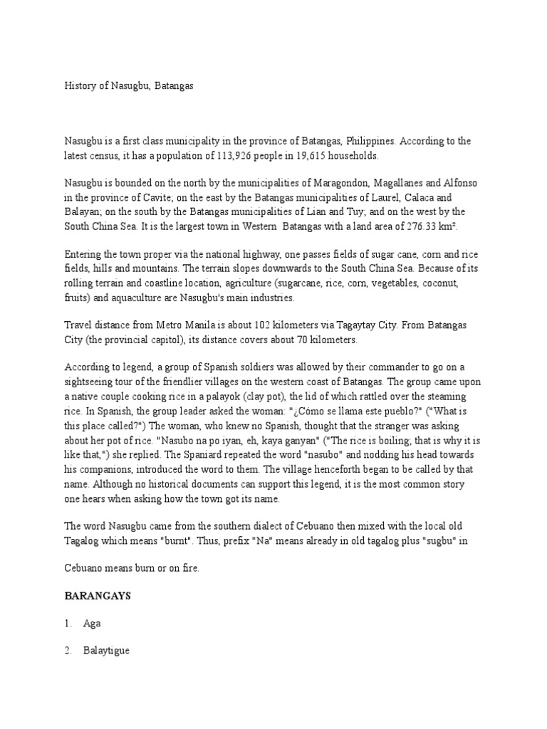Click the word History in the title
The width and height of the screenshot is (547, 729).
pyautogui.click(x=81, y=85)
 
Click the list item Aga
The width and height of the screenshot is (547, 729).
pyautogui.click(x=92, y=623)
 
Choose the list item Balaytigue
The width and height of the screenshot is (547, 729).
pyautogui.click(x=106, y=651)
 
